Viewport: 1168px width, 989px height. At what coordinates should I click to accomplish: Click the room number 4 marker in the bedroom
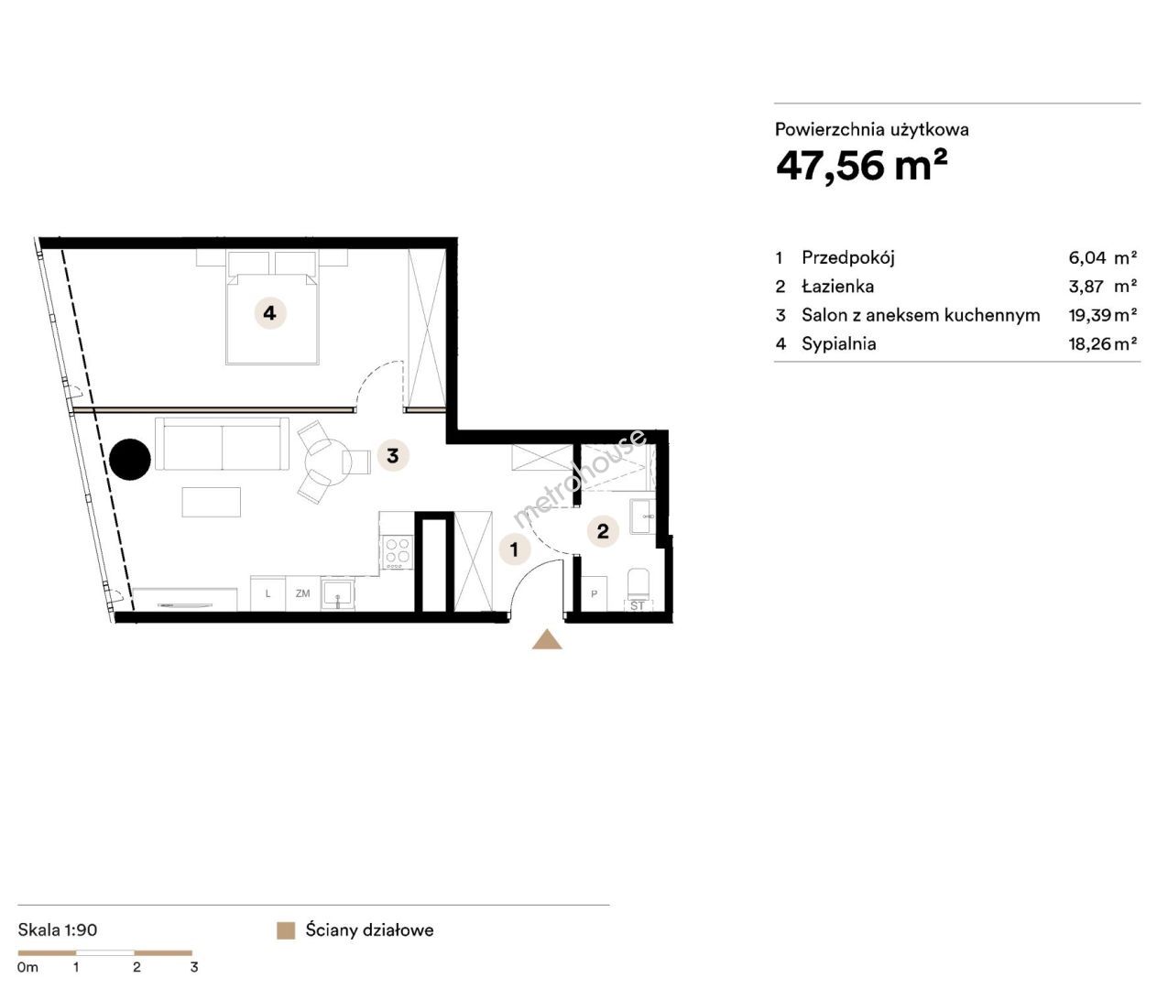[270, 313]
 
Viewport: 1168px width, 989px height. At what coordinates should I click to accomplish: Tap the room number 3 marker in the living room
[393, 455]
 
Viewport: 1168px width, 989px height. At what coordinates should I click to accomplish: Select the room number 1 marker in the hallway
[514, 549]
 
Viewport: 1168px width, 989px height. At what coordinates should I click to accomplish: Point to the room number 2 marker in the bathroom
[603, 531]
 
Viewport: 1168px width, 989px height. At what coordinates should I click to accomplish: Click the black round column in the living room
[130, 459]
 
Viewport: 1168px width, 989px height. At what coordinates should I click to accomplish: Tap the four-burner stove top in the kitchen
[398, 552]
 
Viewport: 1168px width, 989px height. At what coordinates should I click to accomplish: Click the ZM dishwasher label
[303, 593]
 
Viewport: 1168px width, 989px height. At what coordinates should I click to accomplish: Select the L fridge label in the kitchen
[267, 593]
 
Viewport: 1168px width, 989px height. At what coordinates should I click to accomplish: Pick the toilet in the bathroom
[640, 584]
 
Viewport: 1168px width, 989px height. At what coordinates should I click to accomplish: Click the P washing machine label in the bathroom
[594, 594]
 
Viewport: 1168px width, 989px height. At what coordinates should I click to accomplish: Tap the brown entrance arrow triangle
[547, 639]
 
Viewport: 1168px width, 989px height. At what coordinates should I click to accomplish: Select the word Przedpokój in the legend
[848, 258]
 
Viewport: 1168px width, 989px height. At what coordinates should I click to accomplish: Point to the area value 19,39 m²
[1102, 315]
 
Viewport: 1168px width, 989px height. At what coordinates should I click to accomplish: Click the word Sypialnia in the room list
[839, 344]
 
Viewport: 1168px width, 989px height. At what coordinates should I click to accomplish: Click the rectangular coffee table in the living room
[212, 502]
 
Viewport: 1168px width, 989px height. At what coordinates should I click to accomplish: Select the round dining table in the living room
[328, 462]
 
